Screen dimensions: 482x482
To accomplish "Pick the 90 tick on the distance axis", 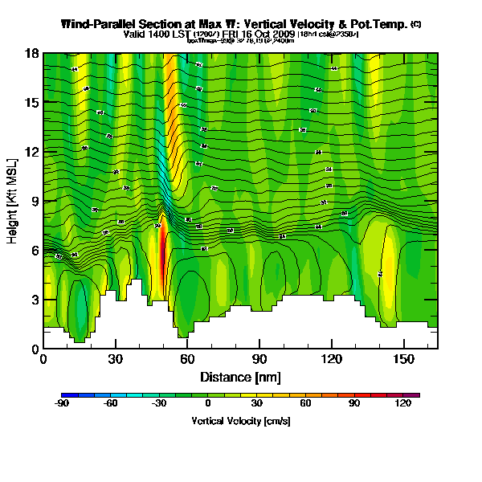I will click(x=259, y=359).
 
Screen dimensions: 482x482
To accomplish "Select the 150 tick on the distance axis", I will click(x=402, y=359).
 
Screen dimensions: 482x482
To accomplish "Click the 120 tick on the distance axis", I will click(x=330, y=359).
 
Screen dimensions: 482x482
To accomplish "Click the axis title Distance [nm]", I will click(x=240, y=376).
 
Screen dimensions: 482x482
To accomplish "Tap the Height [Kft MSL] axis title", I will click(x=13, y=202).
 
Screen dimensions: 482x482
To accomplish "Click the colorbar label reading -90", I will click(x=61, y=403).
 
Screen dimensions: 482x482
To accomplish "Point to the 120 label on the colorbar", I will click(x=402, y=403).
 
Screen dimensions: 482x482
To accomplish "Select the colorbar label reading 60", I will click(x=305, y=403).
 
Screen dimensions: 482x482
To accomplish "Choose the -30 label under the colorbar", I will click(x=158, y=403).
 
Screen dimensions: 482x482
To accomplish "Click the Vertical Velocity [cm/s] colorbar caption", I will click(x=240, y=420).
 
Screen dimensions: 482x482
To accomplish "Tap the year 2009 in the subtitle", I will click(x=283, y=35).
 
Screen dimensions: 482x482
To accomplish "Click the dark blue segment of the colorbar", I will click(x=69, y=395).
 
